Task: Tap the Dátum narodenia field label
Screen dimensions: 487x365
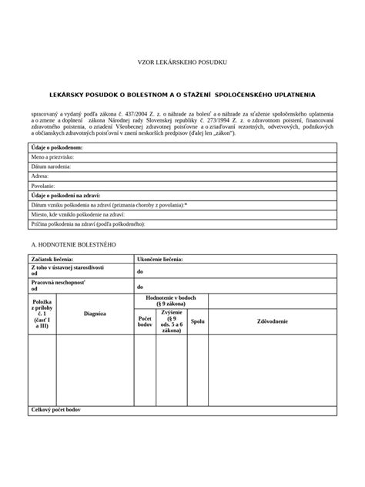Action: click(52, 166)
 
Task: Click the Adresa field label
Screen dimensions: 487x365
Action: click(39, 176)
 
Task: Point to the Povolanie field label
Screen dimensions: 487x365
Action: click(43, 186)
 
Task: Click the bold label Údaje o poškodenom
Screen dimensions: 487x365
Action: click(56, 146)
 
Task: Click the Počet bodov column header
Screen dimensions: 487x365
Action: click(144, 321)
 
